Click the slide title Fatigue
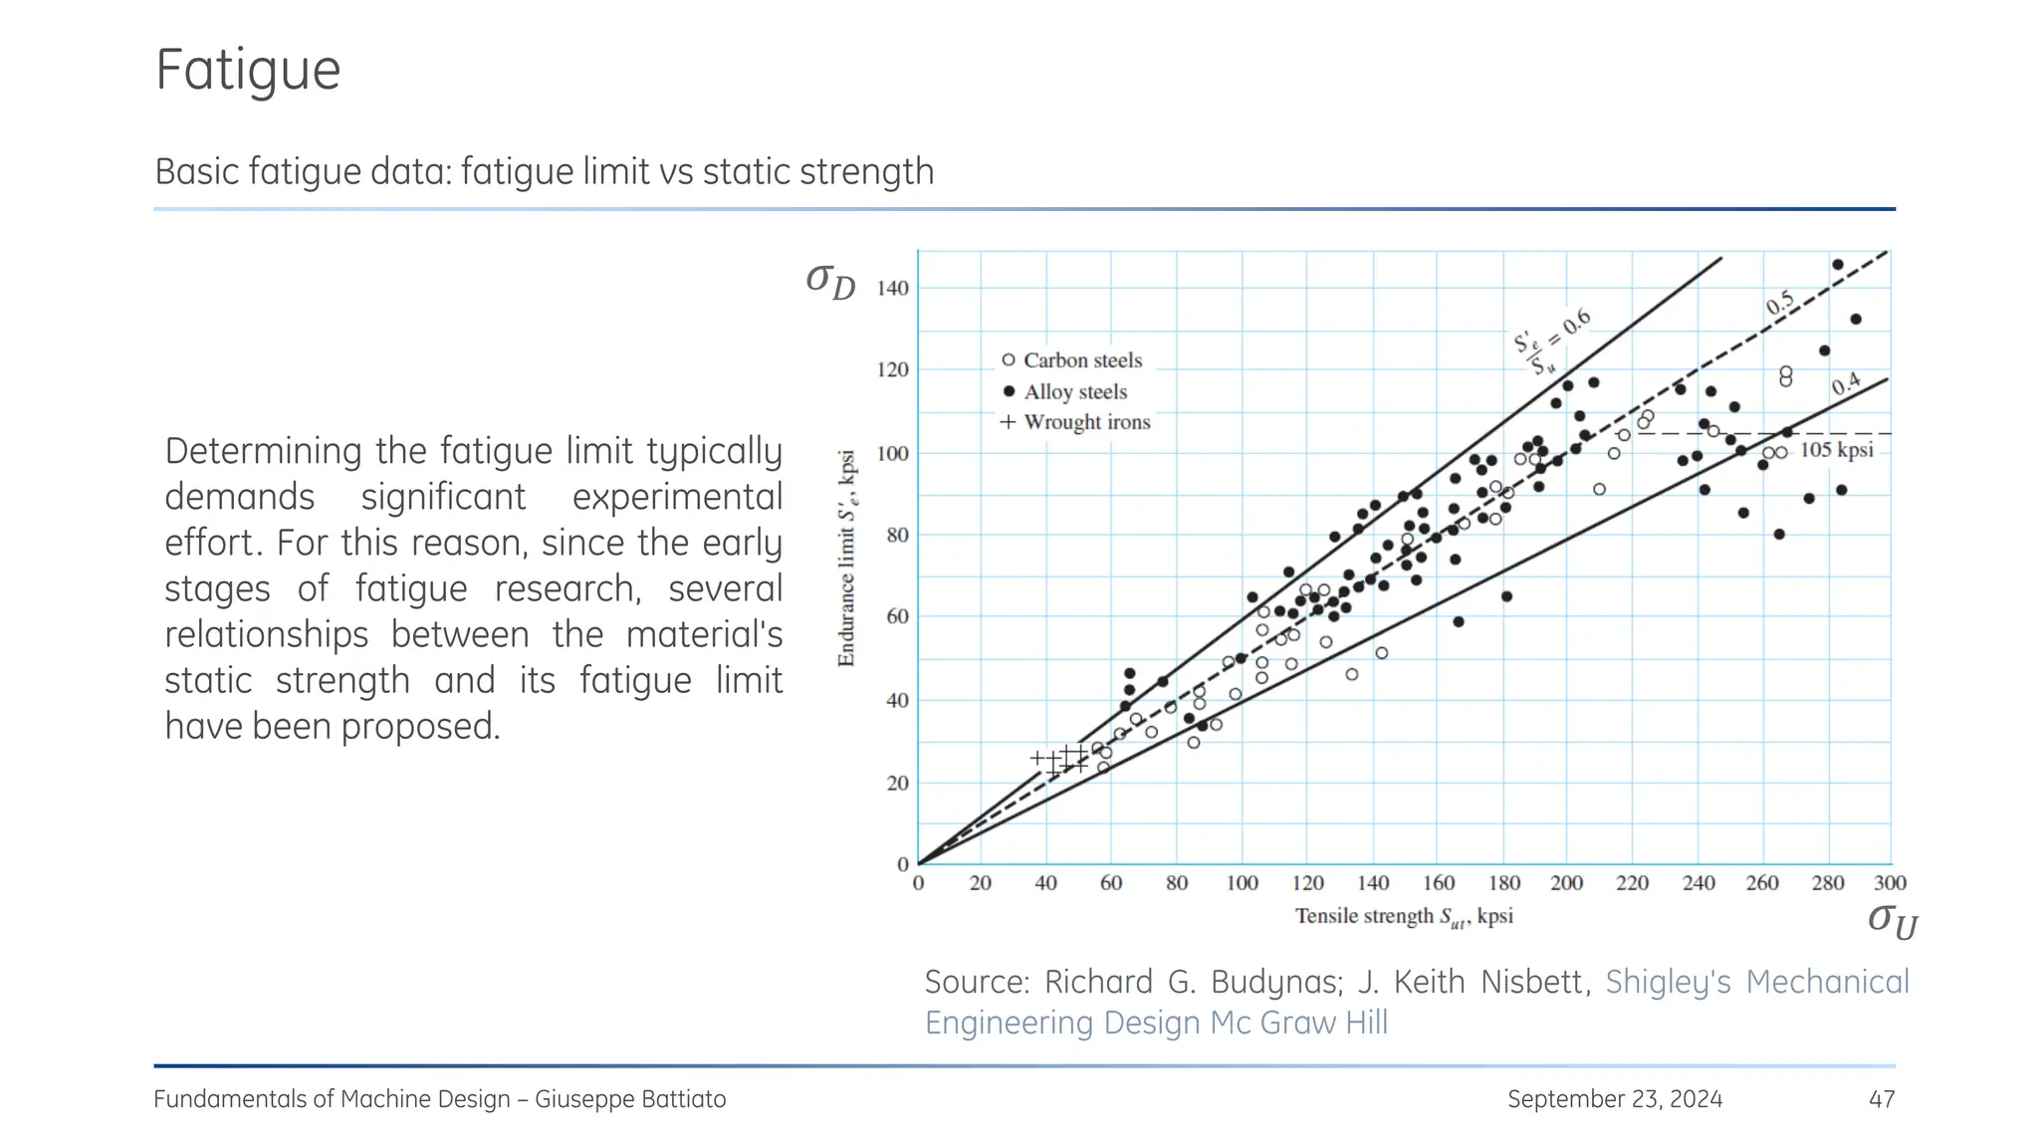[248, 71]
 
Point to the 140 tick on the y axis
[892, 289]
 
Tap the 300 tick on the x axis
[1890, 883]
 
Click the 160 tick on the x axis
[1438, 883]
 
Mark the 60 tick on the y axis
[897, 616]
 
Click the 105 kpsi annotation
[1836, 450]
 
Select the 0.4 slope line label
[1845, 384]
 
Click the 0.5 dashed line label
[1779, 303]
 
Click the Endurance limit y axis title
[847, 559]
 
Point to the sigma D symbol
[830, 281]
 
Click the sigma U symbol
[1892, 920]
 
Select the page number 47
[1881, 1099]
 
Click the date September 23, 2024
[1614, 1099]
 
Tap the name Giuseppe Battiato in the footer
[630, 1099]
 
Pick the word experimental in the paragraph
[677, 497]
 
